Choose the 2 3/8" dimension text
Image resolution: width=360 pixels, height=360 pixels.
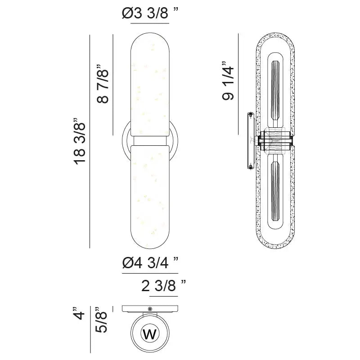click(x=163, y=286)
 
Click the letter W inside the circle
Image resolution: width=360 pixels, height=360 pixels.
click(x=149, y=334)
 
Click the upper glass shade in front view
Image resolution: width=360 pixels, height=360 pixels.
click(x=150, y=85)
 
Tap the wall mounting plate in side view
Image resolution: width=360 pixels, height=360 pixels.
click(x=250, y=140)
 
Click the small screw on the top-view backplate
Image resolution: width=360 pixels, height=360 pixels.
click(x=149, y=309)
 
